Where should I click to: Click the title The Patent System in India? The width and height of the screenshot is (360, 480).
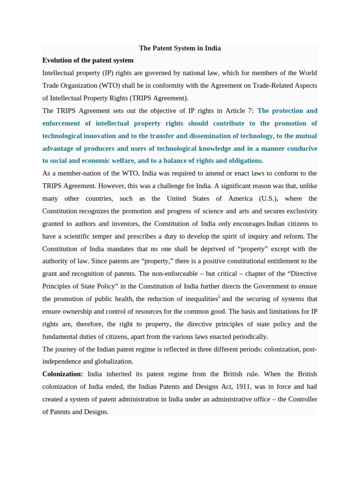tap(180, 48)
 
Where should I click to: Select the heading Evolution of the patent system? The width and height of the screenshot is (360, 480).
tap(88, 60)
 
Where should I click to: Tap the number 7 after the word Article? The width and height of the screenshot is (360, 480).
tap(251, 111)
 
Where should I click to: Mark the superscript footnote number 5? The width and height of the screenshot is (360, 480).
tap(219, 297)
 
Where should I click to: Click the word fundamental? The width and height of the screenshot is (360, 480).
tap(61, 337)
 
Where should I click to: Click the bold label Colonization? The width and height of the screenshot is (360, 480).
tap(62, 374)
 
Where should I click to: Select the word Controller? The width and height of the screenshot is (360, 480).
tap(301, 399)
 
